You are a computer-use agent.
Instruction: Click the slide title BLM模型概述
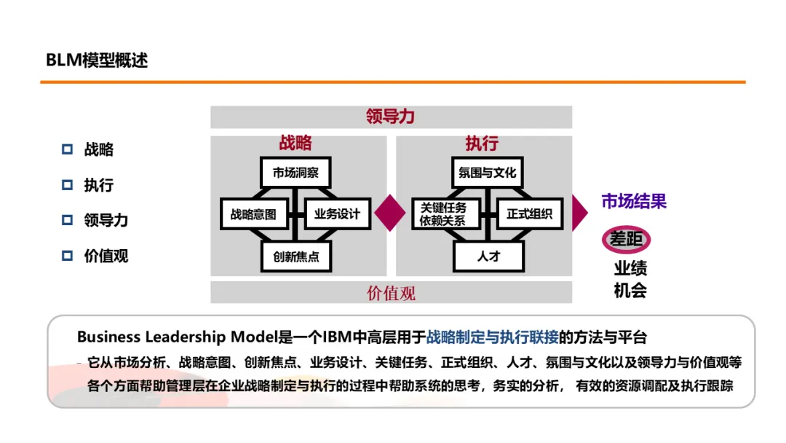tap(97, 60)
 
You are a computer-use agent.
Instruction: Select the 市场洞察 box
tap(295, 173)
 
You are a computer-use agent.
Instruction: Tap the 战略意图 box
tap(254, 214)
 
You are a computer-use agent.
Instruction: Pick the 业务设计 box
tap(337, 214)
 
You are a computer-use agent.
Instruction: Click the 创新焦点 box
tap(295, 256)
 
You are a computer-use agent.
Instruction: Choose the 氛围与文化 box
tap(488, 173)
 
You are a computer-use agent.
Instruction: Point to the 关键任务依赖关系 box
tap(445, 214)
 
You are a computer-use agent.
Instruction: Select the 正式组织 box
tap(529, 214)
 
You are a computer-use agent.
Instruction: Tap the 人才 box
tap(488, 256)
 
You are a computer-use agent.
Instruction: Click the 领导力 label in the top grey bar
tap(391, 117)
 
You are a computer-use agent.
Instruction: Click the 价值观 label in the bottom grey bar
tap(391, 293)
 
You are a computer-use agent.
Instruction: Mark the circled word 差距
tap(626, 239)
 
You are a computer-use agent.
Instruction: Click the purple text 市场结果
tap(633, 201)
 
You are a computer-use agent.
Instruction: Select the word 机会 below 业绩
tap(630, 290)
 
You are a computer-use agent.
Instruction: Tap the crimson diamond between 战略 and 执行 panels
tap(390, 213)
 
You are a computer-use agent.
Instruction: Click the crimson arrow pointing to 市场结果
tap(579, 213)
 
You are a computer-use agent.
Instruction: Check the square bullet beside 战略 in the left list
tap(68, 149)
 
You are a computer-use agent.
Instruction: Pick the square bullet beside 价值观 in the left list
tap(68, 256)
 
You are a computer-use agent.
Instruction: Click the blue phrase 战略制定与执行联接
tap(492, 337)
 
